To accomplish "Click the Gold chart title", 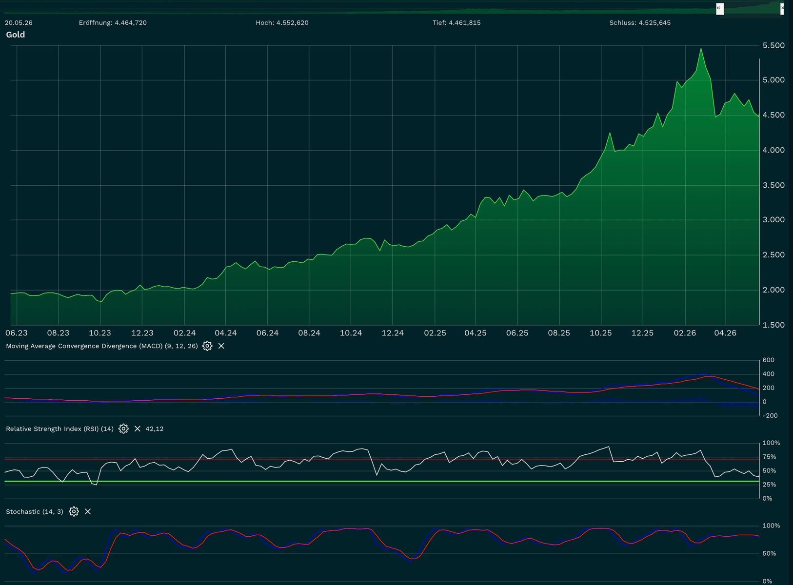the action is pyautogui.click(x=16, y=35).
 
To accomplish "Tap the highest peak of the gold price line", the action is pyautogui.click(x=701, y=49).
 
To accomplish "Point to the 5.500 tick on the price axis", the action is pyautogui.click(x=773, y=45).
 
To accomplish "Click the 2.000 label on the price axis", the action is pyautogui.click(x=773, y=290).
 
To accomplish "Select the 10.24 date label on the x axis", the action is pyautogui.click(x=351, y=333).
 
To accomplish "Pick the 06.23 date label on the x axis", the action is pyautogui.click(x=17, y=333).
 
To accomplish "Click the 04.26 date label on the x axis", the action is pyautogui.click(x=725, y=333).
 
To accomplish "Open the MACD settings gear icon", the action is pyautogui.click(x=207, y=346).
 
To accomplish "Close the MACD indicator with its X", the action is pyautogui.click(x=221, y=346).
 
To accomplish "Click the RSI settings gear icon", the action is pyautogui.click(x=123, y=429).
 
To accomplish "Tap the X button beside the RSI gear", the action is pyautogui.click(x=138, y=429).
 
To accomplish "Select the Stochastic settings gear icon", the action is pyautogui.click(x=74, y=512).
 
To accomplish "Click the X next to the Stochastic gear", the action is pyautogui.click(x=88, y=512).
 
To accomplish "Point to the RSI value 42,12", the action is pyautogui.click(x=155, y=429).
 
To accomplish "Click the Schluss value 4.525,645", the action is pyautogui.click(x=654, y=23).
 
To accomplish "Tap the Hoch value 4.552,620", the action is pyautogui.click(x=292, y=23).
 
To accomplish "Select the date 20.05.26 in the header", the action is pyautogui.click(x=19, y=23).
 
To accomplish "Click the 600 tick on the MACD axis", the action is pyautogui.click(x=768, y=360).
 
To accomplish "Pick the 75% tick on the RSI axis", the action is pyautogui.click(x=770, y=457).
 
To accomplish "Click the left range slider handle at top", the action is pyautogui.click(x=720, y=9).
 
